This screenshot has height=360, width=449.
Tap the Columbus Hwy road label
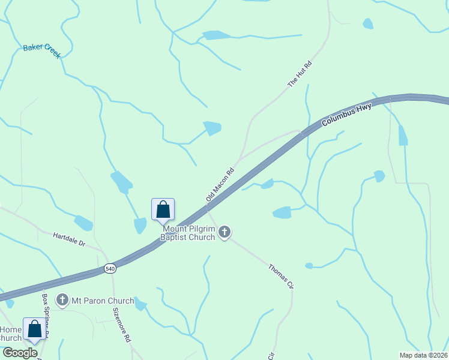(346, 114)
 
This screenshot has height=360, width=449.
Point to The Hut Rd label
(301, 74)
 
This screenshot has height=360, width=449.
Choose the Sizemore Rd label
(122, 325)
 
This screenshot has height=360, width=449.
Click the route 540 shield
(109, 268)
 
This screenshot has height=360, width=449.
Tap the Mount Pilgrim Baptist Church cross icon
(224, 232)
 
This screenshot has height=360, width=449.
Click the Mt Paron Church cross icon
(62, 299)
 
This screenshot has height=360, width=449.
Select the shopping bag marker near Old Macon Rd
(163, 210)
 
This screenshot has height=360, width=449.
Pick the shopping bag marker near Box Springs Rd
(34, 329)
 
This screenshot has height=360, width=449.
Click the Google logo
(20, 353)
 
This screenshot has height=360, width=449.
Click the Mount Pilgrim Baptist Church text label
(187, 233)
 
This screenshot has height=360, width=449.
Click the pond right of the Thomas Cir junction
(282, 212)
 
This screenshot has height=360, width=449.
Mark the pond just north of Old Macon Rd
(212, 128)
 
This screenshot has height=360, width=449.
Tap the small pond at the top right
(367, 23)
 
